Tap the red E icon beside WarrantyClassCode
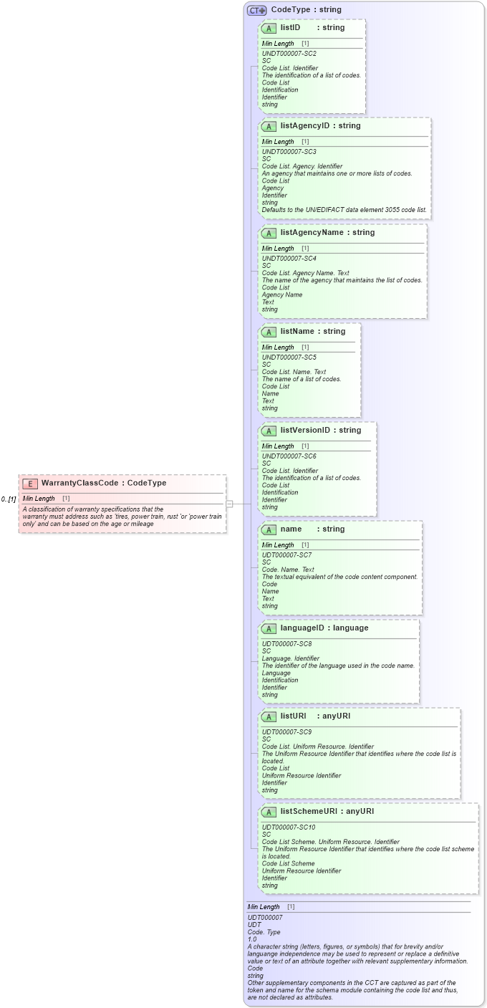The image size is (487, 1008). tap(31, 484)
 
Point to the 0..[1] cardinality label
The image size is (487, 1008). tap(9, 499)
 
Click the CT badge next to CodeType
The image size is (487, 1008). tap(256, 10)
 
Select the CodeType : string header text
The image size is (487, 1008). tap(306, 10)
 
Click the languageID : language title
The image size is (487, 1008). tap(324, 628)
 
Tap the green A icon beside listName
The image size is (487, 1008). tap(269, 332)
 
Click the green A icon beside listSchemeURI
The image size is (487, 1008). tap(269, 812)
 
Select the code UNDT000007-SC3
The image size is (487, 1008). tap(289, 152)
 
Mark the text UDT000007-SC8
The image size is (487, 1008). tap(286, 644)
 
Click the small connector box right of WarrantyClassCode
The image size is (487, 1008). tap(229, 504)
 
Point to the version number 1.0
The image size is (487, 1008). tap(252, 939)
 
